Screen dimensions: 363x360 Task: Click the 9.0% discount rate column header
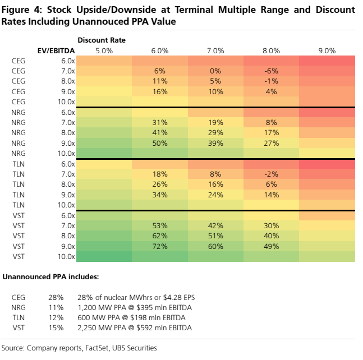pyautogui.click(x=327, y=50)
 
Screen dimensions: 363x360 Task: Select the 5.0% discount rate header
pyautogui.click(x=104, y=50)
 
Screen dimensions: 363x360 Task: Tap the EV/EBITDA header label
pyautogui.click(x=56, y=50)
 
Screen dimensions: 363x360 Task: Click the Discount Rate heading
pyautogui.click(x=102, y=40)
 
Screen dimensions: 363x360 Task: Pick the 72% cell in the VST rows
pyautogui.click(x=160, y=246)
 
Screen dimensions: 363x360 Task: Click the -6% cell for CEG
pyautogui.click(x=271, y=71)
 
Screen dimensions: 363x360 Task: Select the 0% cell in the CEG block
pyautogui.click(x=215, y=71)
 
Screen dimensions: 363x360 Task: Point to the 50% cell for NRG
pyautogui.click(x=160, y=143)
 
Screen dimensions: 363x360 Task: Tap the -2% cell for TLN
pyautogui.click(x=271, y=174)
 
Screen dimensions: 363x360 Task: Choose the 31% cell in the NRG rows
pyautogui.click(x=160, y=122)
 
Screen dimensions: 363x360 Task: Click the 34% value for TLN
pyautogui.click(x=160, y=195)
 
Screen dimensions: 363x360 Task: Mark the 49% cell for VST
pyautogui.click(x=271, y=246)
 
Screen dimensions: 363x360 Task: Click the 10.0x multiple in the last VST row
pyautogui.click(x=66, y=257)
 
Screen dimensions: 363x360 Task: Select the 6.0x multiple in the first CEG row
pyautogui.click(x=68, y=61)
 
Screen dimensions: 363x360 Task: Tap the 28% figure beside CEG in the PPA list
pyautogui.click(x=56, y=297)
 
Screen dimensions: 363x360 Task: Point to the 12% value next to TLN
pyautogui.click(x=56, y=317)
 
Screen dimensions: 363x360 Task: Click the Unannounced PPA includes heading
pyautogui.click(x=50, y=276)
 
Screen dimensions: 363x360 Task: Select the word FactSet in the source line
pyautogui.click(x=97, y=348)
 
